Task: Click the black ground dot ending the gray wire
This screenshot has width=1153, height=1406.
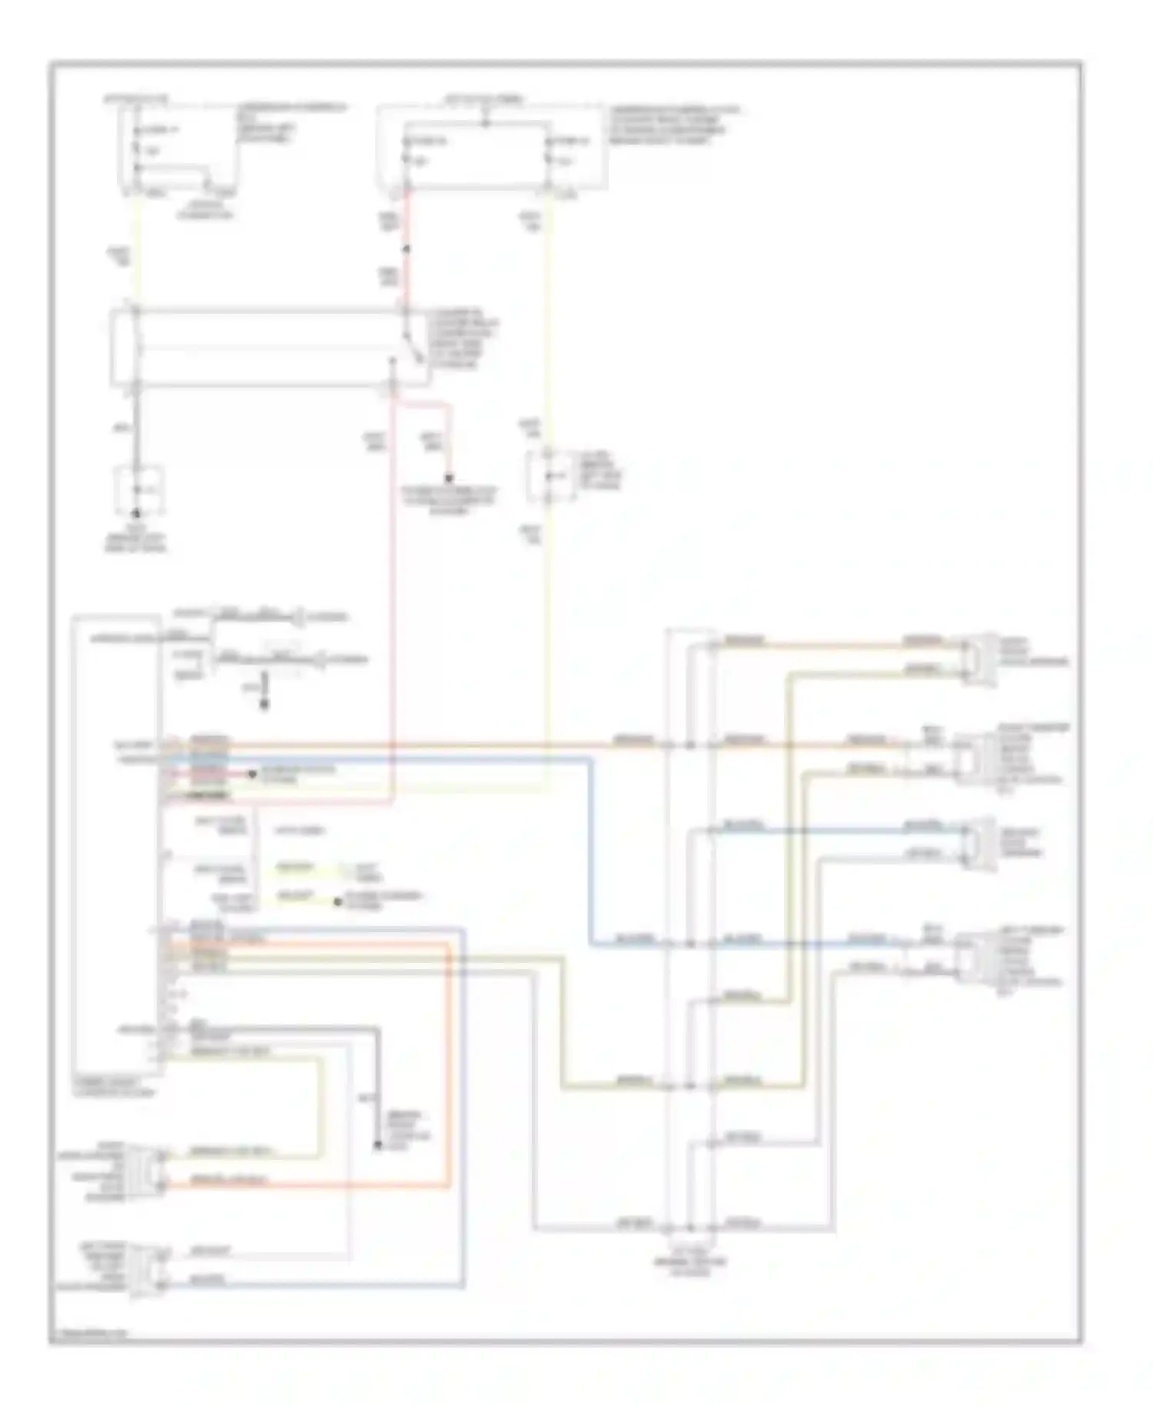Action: [x=136, y=513]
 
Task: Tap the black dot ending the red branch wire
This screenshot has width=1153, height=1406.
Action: [x=449, y=478]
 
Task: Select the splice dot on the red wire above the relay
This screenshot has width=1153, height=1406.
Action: [x=407, y=249]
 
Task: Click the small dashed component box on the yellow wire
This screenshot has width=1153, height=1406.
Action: [x=550, y=477]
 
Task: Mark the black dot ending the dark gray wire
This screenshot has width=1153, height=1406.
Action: [x=377, y=1145]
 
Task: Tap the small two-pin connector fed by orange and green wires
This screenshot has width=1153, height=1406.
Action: [x=979, y=658]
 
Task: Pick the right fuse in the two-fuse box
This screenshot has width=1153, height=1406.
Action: [x=548, y=160]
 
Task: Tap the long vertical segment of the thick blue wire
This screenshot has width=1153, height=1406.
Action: [x=592, y=846]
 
